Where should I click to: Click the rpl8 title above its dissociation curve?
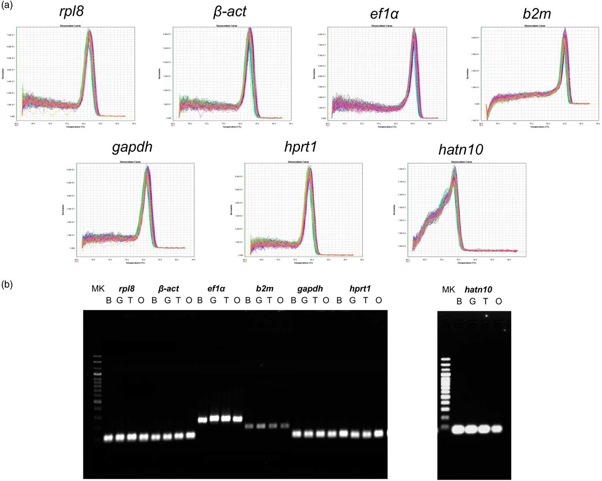coord(71,11)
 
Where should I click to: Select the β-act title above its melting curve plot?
coord(230,11)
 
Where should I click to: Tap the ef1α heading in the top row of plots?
coord(384,14)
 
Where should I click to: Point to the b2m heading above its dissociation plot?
coord(536,14)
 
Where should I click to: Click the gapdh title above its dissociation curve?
coord(132,147)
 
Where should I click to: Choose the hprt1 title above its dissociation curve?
coord(301,147)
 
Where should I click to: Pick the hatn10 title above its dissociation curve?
coord(461,150)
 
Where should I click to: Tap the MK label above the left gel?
coord(98,289)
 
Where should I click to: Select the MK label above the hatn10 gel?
coord(448,289)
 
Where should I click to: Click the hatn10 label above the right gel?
coord(478,290)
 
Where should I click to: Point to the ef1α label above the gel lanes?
coord(216,289)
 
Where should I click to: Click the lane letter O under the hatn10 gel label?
coord(498,302)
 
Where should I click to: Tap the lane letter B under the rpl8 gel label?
coord(109,301)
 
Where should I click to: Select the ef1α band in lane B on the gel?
coord(203,420)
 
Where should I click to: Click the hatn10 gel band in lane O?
coord(497,428)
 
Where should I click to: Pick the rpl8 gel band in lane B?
coord(108,438)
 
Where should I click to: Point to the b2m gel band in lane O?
coord(284,426)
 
